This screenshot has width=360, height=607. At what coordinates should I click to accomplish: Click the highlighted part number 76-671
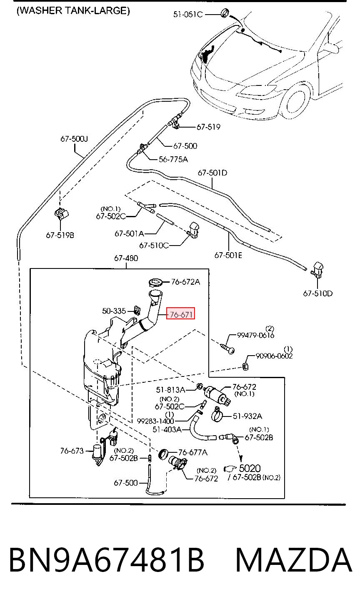181,315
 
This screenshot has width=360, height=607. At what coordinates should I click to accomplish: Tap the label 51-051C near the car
188,14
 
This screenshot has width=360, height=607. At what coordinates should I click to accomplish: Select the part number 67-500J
74,139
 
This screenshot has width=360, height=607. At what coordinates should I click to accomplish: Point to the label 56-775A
173,159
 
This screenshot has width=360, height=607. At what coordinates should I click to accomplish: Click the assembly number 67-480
126,258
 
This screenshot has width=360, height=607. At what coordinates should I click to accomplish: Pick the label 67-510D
318,293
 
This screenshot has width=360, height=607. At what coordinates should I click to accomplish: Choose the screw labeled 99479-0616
227,349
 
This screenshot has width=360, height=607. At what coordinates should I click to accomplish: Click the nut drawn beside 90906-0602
245,366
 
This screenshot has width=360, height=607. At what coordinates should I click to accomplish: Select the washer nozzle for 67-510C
193,230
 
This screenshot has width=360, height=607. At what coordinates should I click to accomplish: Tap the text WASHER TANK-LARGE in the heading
73,11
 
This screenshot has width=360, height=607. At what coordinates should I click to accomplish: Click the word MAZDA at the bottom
294,560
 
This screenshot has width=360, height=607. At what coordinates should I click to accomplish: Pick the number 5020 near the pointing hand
250,468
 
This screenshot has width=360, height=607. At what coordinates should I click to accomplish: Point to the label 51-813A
170,390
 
